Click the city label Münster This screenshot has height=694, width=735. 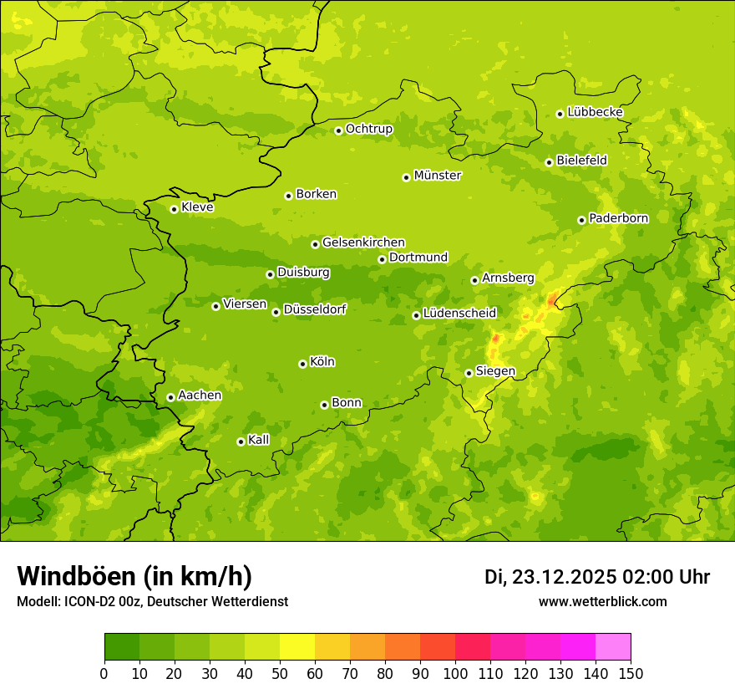[x=438, y=176]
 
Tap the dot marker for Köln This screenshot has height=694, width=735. [x=302, y=364]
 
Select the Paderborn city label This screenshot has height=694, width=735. [x=618, y=218]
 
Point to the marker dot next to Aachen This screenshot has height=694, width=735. [x=170, y=397]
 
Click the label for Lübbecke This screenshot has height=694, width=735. [x=595, y=112]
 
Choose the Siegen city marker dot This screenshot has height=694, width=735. [x=469, y=373]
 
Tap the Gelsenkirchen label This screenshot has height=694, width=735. [x=363, y=242]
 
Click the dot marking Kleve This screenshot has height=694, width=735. [x=174, y=209]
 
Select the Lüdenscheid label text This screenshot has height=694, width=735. [x=459, y=314]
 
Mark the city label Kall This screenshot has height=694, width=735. [x=259, y=440]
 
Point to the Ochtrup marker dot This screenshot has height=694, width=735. [x=338, y=130]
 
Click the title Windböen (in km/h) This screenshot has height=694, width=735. [x=134, y=576]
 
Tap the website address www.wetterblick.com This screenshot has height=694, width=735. [x=602, y=601]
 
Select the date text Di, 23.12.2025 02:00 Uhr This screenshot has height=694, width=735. [x=596, y=577]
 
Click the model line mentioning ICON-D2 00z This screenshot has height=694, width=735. [x=152, y=602]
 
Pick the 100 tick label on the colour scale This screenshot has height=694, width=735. [x=455, y=673]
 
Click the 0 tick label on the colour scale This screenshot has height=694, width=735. [x=104, y=673]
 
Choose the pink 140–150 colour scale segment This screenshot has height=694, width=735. [x=613, y=647]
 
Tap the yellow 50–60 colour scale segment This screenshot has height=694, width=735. [x=297, y=647]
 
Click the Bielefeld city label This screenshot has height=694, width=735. [x=581, y=160]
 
